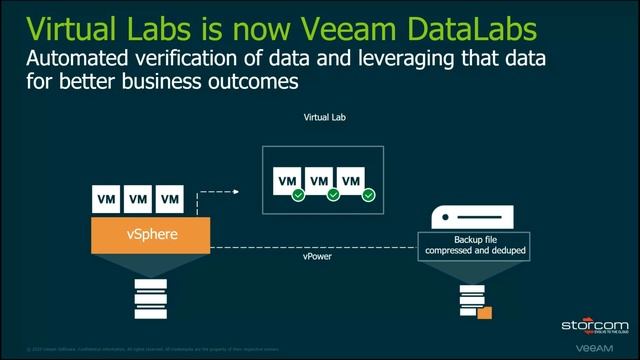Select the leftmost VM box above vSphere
106,199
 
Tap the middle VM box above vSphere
138,199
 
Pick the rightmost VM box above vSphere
170,199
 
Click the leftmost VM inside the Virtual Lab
287,181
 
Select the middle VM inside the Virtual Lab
319,181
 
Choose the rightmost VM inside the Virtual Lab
351,181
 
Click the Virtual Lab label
324,117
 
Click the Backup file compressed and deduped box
473,245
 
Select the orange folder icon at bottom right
486,314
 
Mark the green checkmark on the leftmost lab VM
298,194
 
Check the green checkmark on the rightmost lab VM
367,194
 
